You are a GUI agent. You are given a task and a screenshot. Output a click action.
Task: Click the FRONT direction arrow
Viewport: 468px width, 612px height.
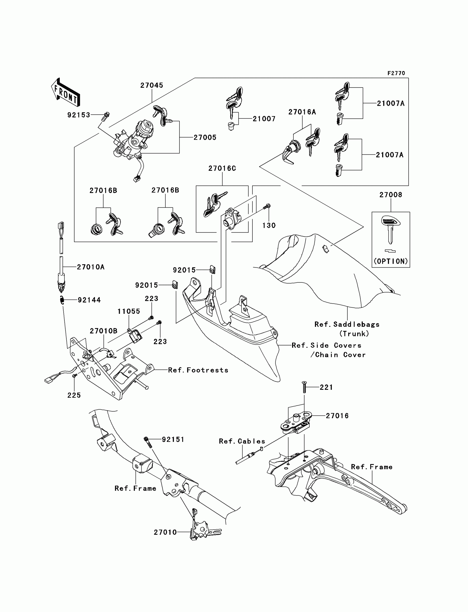[66, 92]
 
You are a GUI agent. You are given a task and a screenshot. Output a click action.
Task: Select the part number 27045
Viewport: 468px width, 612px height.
[152, 85]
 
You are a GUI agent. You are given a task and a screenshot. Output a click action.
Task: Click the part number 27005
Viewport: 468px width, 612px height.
[205, 137]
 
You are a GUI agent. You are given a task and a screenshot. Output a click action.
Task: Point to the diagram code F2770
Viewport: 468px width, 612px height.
[396, 73]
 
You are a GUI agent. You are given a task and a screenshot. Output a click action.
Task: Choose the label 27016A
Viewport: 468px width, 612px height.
[302, 112]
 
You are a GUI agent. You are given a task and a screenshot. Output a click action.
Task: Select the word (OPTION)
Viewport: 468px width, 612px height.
[391, 261]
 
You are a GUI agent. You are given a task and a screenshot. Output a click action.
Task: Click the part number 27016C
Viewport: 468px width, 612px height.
[222, 168]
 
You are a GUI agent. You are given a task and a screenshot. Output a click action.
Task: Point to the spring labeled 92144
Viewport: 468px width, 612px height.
[62, 300]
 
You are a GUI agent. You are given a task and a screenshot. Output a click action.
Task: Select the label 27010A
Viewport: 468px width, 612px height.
[91, 267]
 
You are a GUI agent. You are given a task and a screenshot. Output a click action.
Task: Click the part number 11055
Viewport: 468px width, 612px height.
[129, 311]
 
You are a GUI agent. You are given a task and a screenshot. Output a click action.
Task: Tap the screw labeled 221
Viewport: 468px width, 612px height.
[304, 387]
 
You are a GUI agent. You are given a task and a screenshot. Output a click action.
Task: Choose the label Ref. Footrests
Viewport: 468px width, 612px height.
[198, 370]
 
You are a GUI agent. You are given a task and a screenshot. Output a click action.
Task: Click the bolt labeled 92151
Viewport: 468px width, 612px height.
[148, 442]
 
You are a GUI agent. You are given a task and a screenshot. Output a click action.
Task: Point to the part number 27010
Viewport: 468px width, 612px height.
[165, 532]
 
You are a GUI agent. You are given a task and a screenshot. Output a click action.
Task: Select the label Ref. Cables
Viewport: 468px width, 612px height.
[242, 441]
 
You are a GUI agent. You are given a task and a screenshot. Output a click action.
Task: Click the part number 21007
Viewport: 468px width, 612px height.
[264, 119]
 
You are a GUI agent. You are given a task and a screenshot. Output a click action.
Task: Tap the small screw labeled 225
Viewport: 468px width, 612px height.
[74, 376]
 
